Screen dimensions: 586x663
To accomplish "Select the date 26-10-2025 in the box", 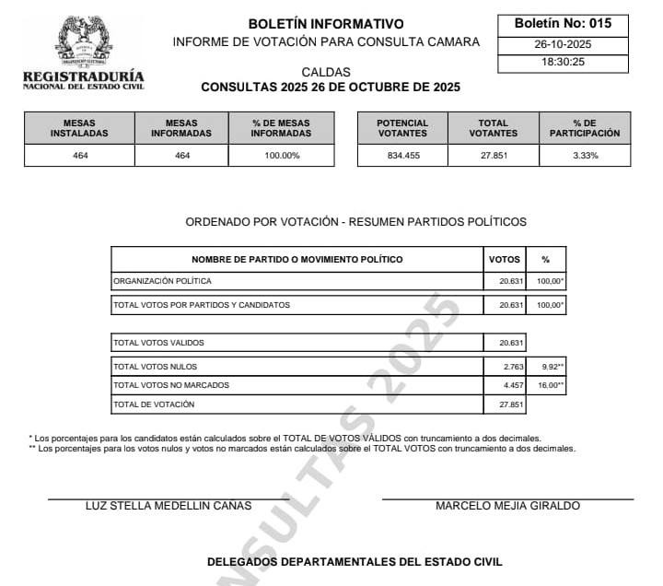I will [563, 44].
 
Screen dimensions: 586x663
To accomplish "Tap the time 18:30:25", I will [563, 63].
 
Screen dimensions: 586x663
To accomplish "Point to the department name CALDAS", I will [326, 72].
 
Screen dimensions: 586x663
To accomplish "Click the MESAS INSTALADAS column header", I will [79, 128].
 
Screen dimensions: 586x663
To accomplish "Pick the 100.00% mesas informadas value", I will [281, 156].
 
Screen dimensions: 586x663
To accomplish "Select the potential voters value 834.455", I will [402, 156].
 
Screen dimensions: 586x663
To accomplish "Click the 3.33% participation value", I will [585, 156].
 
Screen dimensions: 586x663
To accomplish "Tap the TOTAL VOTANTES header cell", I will [494, 128].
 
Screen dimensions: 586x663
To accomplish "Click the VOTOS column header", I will [505, 260].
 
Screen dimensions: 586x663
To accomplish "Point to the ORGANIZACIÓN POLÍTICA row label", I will [162, 280].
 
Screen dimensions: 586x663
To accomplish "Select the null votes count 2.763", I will [511, 367].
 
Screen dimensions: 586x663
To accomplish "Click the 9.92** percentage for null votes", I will [551, 367].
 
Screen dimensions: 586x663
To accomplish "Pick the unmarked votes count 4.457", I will [511, 385].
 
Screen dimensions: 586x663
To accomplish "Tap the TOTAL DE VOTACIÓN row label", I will [154, 404].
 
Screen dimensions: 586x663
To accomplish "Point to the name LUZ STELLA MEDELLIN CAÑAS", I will [169, 506].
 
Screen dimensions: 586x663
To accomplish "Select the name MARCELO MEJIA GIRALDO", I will [507, 506].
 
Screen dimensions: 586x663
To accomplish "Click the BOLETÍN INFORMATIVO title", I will [326, 24].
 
